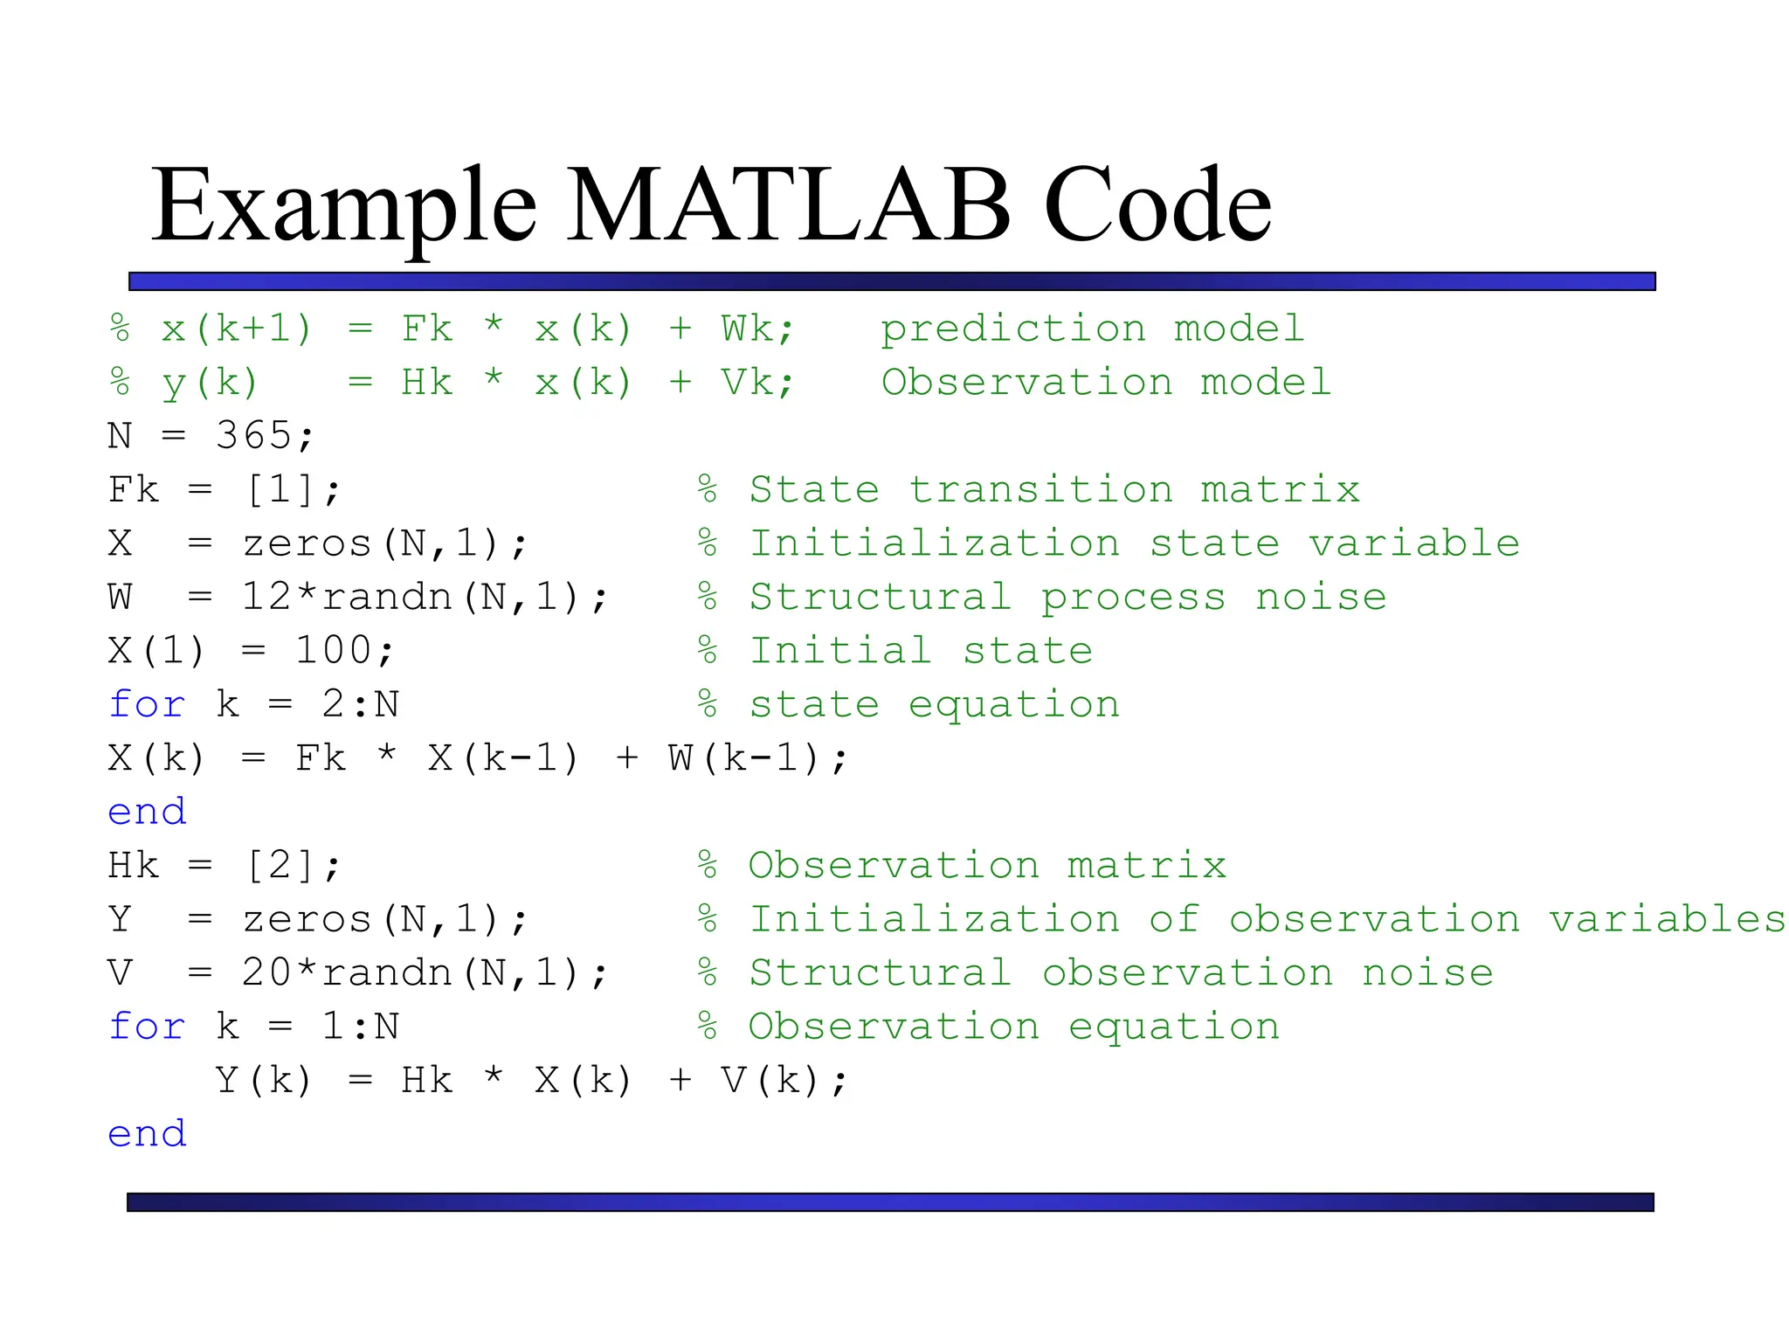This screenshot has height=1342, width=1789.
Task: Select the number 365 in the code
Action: coord(253,435)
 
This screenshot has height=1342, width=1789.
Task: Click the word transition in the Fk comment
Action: coord(1040,489)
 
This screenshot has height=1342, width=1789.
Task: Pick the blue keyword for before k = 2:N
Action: coord(147,704)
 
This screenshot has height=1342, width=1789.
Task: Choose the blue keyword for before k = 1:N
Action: coord(147,1027)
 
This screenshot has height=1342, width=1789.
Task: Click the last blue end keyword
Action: coord(147,1134)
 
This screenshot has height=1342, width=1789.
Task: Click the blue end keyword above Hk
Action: coord(147,812)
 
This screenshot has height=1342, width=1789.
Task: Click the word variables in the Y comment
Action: coord(1667,919)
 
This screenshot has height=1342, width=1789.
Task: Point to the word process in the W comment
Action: coord(1133,598)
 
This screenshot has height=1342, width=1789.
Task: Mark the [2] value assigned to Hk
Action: coord(280,866)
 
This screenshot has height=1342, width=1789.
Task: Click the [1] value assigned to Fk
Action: coord(280,489)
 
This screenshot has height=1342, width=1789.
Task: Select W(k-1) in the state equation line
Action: coord(744,758)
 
